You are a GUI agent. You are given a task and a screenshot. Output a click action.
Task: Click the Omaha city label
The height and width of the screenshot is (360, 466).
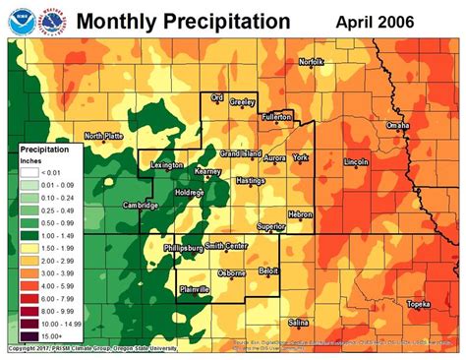point(398,126)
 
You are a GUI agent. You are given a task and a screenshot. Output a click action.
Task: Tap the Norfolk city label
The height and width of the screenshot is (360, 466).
point(312,61)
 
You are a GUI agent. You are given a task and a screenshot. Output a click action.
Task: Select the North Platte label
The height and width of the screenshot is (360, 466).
point(103,136)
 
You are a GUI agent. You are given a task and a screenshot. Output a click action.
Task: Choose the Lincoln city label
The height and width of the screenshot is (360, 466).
point(356,160)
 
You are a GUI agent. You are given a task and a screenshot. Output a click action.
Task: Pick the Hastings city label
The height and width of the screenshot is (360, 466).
point(251,181)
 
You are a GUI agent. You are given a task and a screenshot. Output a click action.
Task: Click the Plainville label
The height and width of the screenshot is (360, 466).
point(198,288)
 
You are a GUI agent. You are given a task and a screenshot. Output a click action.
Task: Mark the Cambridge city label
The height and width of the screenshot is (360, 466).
point(141,205)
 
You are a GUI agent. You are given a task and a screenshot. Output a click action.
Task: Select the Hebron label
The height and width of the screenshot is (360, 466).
point(300,213)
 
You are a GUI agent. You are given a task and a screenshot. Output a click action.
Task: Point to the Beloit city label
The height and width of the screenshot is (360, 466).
point(268,269)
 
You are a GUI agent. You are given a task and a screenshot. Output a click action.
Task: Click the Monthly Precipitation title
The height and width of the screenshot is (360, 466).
point(183,21)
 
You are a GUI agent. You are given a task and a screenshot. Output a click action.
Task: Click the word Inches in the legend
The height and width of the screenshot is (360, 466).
point(31,160)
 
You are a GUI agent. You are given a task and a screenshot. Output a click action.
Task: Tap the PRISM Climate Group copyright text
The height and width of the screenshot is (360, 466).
point(90,348)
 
